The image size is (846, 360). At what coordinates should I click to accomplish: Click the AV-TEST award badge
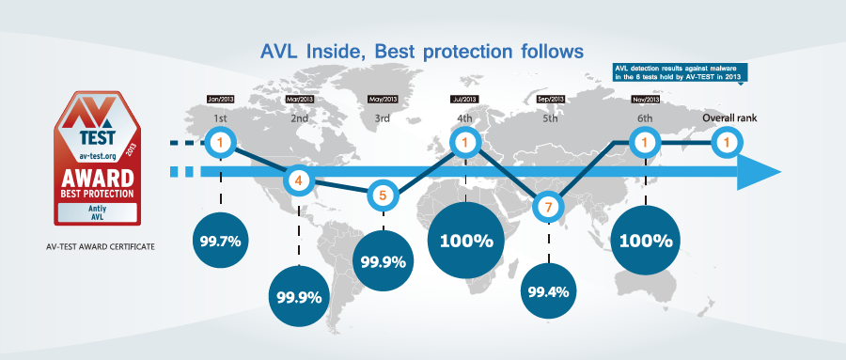[x=97, y=159]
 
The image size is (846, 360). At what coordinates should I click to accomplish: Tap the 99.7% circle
[x=220, y=241]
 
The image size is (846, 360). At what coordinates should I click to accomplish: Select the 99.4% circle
[x=548, y=292]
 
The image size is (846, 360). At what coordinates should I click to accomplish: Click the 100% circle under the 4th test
[x=466, y=241]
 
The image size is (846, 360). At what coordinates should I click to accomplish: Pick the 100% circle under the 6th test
[x=646, y=241]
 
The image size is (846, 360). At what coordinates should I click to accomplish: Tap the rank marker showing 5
[x=383, y=196]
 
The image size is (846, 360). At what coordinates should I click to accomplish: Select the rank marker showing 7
[x=549, y=207]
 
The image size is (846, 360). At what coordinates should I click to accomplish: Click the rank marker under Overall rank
[x=727, y=143]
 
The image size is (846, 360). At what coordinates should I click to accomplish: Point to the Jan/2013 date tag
[x=220, y=100]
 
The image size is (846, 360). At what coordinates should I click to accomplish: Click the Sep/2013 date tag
[x=550, y=100]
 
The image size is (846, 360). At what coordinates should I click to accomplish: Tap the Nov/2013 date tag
[x=645, y=100]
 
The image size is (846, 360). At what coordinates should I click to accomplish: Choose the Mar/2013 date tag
[x=299, y=100]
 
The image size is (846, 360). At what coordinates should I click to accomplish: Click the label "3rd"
[x=382, y=118]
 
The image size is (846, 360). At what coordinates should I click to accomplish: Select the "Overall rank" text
[x=727, y=117]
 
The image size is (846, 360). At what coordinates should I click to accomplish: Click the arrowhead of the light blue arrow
[x=758, y=172]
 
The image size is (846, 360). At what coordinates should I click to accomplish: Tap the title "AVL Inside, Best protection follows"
[x=422, y=52]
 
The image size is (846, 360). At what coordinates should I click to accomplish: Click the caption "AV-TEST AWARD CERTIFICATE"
[x=101, y=246]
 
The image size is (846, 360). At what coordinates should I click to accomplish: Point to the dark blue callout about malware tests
[x=681, y=73]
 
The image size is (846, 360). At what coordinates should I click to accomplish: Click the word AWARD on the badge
[x=98, y=178]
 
